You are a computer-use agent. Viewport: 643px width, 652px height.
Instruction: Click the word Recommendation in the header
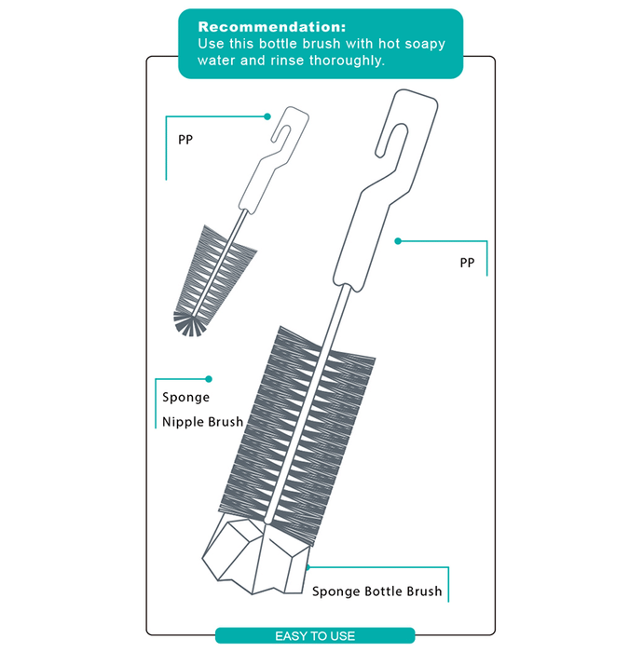tap(271, 27)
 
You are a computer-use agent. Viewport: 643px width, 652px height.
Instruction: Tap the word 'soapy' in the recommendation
tap(425, 44)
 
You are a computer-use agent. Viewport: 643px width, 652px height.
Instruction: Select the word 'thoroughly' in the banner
tap(347, 61)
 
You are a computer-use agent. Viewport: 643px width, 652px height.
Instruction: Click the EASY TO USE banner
tap(315, 636)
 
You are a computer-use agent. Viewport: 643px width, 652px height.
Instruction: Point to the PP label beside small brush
tap(185, 140)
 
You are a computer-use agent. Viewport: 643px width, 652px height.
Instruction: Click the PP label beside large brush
tap(467, 263)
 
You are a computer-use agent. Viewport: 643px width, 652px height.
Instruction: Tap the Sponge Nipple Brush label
tap(202, 410)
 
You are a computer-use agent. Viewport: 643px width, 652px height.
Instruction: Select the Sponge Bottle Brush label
tap(376, 591)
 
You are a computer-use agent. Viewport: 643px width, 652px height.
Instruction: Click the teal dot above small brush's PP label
tap(267, 116)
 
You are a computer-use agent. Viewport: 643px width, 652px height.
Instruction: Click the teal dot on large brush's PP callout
tap(398, 241)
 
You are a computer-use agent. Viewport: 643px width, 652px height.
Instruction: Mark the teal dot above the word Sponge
tap(209, 379)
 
